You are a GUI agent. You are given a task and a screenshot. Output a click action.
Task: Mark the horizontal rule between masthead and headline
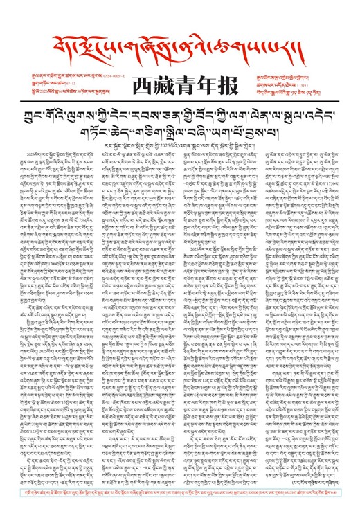[x=179, y=98]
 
